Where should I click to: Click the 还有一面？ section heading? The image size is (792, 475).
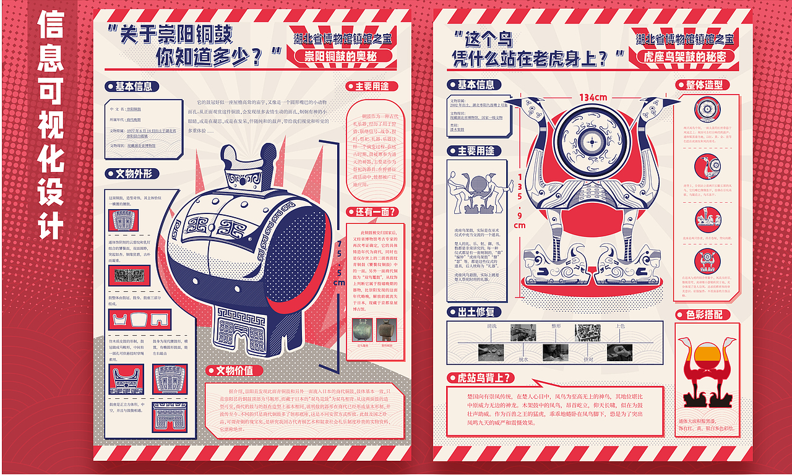[372, 212]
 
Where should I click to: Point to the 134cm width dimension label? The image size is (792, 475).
[593, 97]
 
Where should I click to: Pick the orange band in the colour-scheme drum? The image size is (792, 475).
[705, 354]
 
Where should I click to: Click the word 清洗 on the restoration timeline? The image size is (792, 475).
[492, 326]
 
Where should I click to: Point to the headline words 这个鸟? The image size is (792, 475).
[489, 40]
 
